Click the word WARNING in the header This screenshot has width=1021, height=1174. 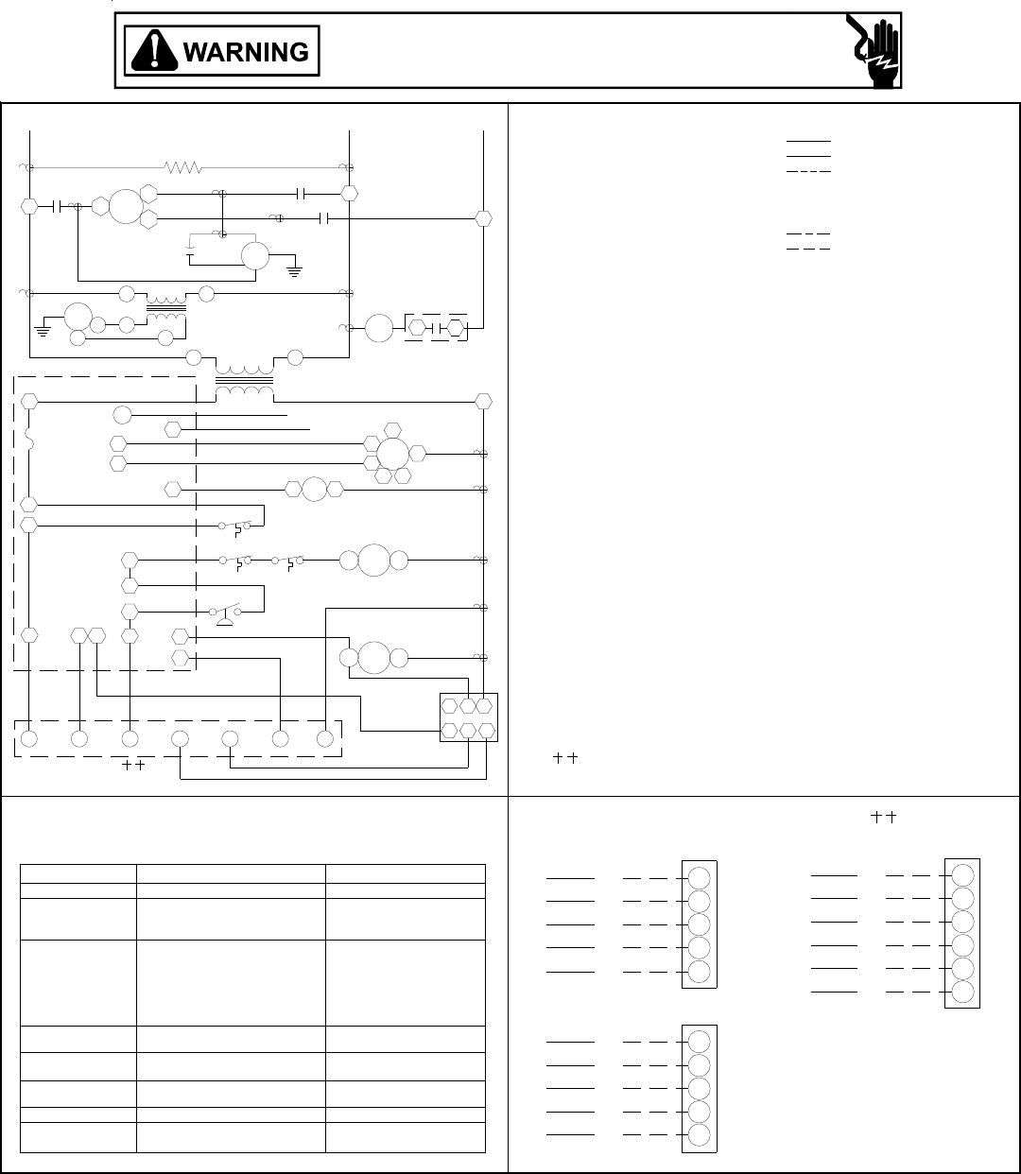tap(246, 52)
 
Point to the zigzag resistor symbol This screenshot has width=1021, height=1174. tap(182, 168)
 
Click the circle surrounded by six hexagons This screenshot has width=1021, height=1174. tap(392, 455)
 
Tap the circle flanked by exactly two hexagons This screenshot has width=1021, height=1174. tap(314, 489)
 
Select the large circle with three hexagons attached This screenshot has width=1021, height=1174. tap(126, 206)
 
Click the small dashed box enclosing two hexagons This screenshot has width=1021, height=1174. tap(437, 328)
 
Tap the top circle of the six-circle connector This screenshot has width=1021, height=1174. tap(962, 873)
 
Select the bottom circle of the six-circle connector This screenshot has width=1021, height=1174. tap(962, 992)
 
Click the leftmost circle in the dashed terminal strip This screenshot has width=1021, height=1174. tap(29, 738)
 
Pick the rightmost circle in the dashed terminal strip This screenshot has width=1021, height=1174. tap(325, 738)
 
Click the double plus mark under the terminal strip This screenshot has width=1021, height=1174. tap(132, 766)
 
